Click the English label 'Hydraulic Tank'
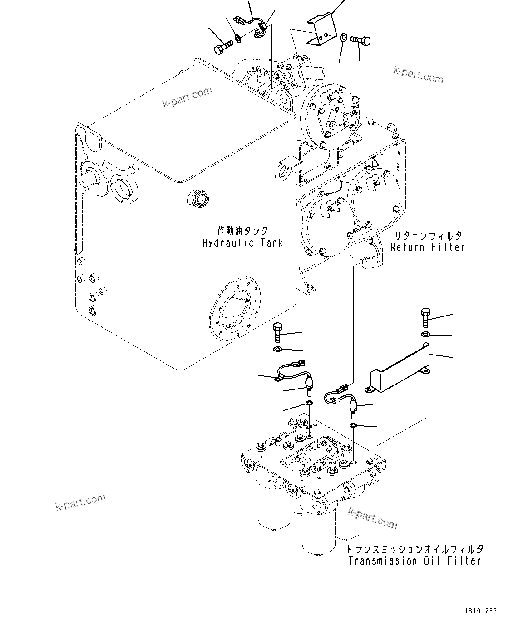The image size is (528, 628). click(242, 243)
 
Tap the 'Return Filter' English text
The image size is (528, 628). click(428, 247)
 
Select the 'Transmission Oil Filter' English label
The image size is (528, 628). click(414, 561)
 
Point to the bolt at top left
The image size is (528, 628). click(222, 47)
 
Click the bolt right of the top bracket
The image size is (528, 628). click(361, 41)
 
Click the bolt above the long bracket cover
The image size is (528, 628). click(425, 318)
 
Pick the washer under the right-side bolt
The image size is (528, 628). click(426, 335)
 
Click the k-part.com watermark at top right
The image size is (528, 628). click(418, 75)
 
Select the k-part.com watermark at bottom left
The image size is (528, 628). click(80, 501)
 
